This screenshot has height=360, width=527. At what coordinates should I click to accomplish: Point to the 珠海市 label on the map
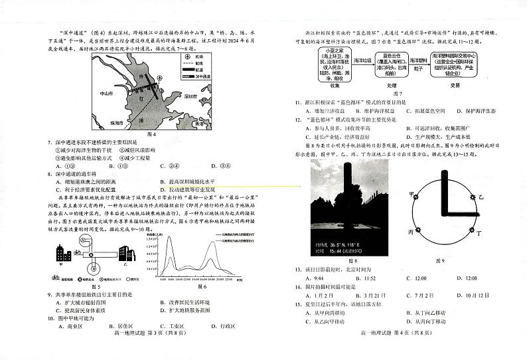pos(100,124)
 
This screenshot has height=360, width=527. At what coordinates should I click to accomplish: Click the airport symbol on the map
pos(160,78)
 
